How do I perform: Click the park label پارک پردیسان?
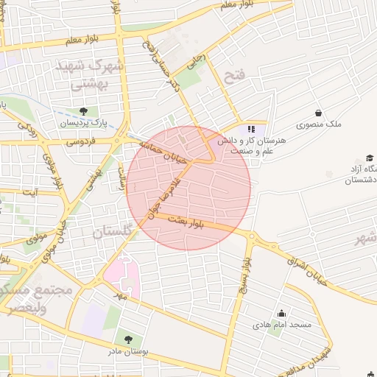(79, 123)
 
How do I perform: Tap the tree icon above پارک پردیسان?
(82, 111)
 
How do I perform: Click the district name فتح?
(233, 77)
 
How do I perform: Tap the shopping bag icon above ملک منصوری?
(318, 113)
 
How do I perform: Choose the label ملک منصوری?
(323, 124)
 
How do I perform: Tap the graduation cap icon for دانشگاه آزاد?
(369, 158)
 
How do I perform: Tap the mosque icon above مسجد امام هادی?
(281, 313)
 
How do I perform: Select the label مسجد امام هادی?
(282, 324)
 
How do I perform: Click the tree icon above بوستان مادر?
(129, 339)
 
